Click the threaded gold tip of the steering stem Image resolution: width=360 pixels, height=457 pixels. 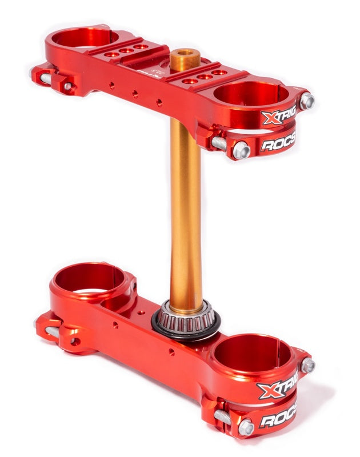pos(184,59)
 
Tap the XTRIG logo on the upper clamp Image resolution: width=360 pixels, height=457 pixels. pos(279,117)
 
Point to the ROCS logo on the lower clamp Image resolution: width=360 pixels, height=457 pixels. pos(278,419)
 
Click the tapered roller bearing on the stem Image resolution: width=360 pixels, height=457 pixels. pos(186,315)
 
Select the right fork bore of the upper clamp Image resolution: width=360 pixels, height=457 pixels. pos(251,94)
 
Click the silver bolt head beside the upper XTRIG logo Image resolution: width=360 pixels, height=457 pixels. pos(307,101)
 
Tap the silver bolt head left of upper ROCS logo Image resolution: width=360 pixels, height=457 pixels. pos(241,150)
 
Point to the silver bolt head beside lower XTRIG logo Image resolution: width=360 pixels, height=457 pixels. pos(307,365)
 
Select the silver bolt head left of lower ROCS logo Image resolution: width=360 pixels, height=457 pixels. pos(246,426)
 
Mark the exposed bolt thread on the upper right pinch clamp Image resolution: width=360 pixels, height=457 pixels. pos(219,143)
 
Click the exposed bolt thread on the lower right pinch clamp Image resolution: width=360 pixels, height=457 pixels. pos(223,417)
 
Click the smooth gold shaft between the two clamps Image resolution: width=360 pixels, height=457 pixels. pos(186,211)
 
